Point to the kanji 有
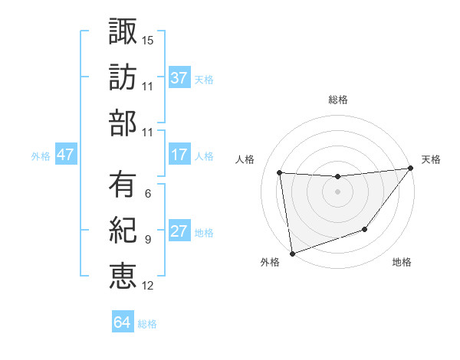pyautogui.click(x=123, y=185)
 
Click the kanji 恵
pyautogui.click(x=123, y=276)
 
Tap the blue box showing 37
pyautogui.click(x=179, y=77)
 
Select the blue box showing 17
pyautogui.click(x=179, y=155)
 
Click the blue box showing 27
pyautogui.click(x=179, y=232)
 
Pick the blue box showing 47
pyautogui.click(x=66, y=155)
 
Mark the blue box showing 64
pyautogui.click(x=123, y=322)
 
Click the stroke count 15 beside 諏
pyautogui.click(x=147, y=40)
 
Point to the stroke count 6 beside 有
pyautogui.click(x=147, y=194)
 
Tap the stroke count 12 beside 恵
pyautogui.click(x=147, y=286)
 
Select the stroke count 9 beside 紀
pyautogui.click(x=147, y=240)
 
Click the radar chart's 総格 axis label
pyautogui.click(x=337, y=100)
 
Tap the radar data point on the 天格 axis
pyautogui.click(x=410, y=169)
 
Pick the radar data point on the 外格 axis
pyautogui.click(x=292, y=253)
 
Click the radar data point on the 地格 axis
pyautogui.click(x=365, y=229)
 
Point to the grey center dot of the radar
pyautogui.click(x=337, y=191)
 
